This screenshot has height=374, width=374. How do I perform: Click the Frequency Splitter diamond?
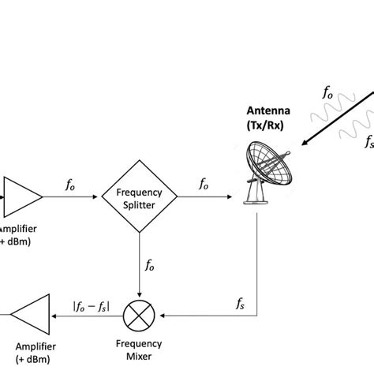[139, 196]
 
